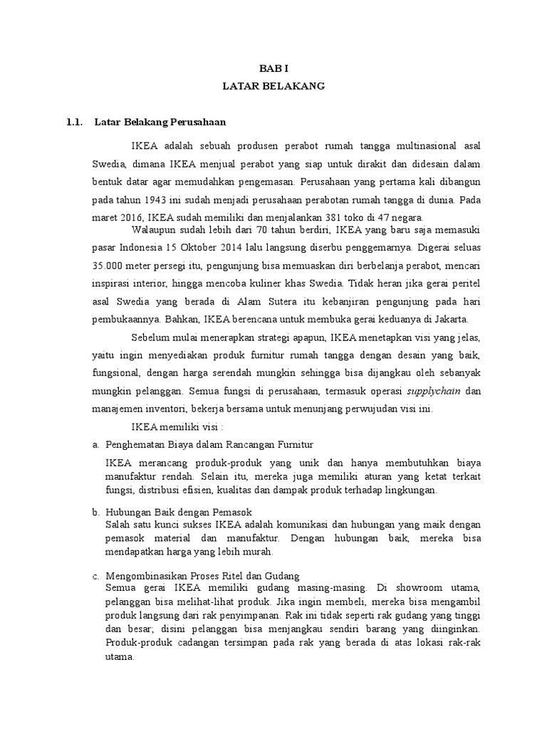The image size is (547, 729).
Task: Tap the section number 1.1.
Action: point(75,122)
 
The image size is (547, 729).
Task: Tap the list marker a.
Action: point(95,445)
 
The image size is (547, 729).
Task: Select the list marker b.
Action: point(95,512)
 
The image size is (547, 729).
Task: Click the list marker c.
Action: point(95,575)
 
